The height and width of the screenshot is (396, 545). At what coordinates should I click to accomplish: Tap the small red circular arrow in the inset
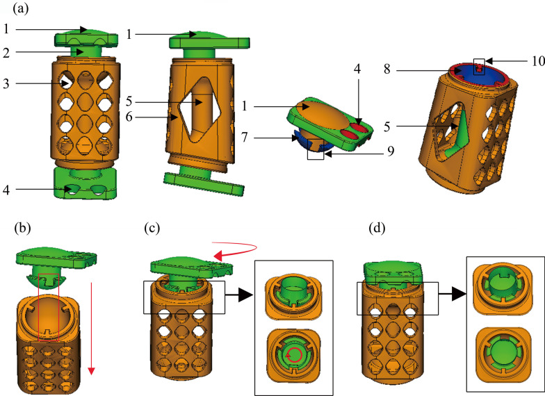295,356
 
